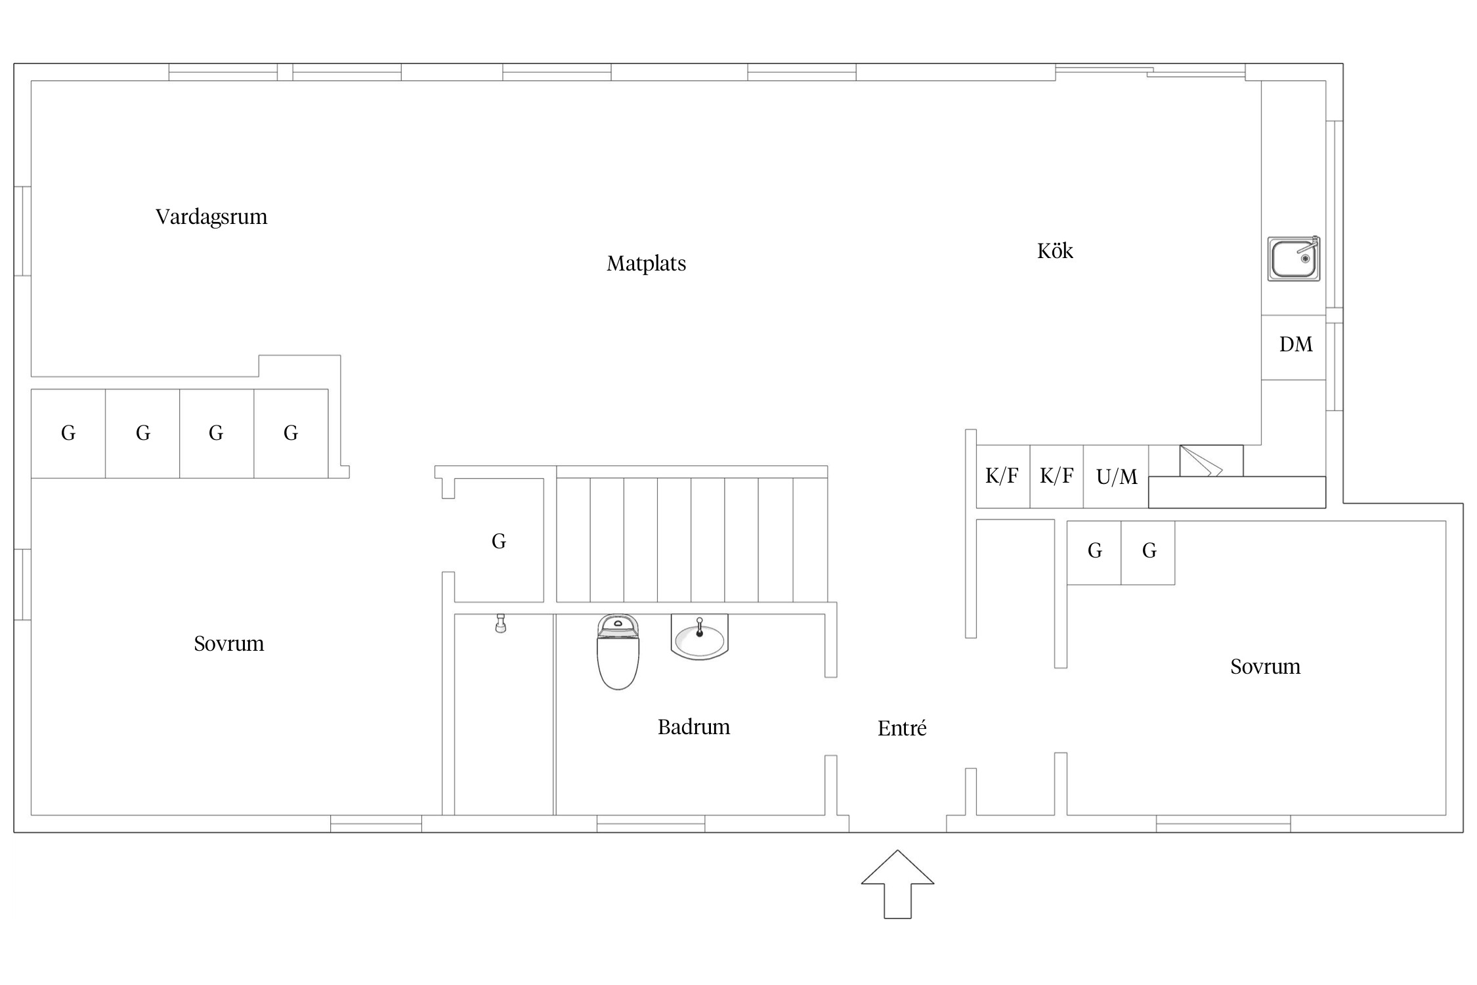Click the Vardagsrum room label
pos(211,217)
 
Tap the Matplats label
pos(647,263)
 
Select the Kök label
pos(1055,250)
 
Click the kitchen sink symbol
pos(1293,259)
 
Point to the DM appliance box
pos(1294,347)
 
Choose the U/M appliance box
pos(1116,477)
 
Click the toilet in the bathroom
pos(618,651)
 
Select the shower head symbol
pos(501,623)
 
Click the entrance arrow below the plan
pos(897,885)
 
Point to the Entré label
pos(902,728)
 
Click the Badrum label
pos(694,727)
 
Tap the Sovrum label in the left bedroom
pos(229,644)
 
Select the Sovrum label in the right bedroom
pos(1265,667)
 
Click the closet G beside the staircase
pos(499,540)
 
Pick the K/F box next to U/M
pos(1056,477)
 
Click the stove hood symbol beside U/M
pos(1211,461)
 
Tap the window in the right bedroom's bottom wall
pos(1223,823)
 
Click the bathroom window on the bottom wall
pos(651,823)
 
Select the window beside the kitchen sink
pos(1335,215)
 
